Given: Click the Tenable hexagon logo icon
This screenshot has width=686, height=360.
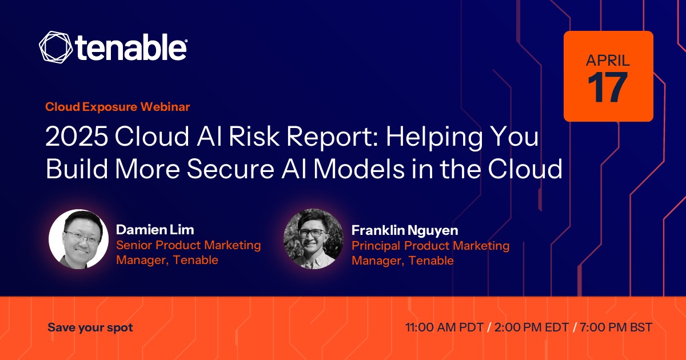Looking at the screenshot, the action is click(x=56, y=47).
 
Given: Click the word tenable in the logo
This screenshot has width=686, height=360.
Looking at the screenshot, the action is click(x=131, y=47).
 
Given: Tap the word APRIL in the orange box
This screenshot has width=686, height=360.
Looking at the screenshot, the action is click(x=608, y=61).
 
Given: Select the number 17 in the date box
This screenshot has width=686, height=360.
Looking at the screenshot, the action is click(x=608, y=87).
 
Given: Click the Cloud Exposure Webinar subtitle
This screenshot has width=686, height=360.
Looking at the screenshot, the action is click(x=118, y=107).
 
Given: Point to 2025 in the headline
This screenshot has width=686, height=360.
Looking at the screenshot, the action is click(x=77, y=136).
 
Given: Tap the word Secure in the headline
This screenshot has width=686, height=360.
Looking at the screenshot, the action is click(x=230, y=169).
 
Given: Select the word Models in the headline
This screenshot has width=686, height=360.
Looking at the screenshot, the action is click(x=359, y=169).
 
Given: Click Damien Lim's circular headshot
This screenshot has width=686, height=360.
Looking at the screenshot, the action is click(x=78, y=239).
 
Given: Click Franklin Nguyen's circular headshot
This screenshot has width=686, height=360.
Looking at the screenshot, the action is click(x=314, y=239).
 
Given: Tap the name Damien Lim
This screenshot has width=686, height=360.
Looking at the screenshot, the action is click(x=155, y=230).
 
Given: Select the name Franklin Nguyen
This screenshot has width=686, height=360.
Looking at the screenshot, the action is click(x=405, y=230).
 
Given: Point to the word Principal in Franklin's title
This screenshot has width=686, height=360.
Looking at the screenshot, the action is click(x=376, y=246).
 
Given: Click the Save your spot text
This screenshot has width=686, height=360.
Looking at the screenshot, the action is click(x=90, y=327).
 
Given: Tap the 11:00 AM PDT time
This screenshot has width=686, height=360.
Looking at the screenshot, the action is click(x=444, y=327).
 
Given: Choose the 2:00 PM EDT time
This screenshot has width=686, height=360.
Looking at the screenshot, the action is click(x=532, y=327).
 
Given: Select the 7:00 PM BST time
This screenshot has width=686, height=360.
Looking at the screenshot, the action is click(x=616, y=327).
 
